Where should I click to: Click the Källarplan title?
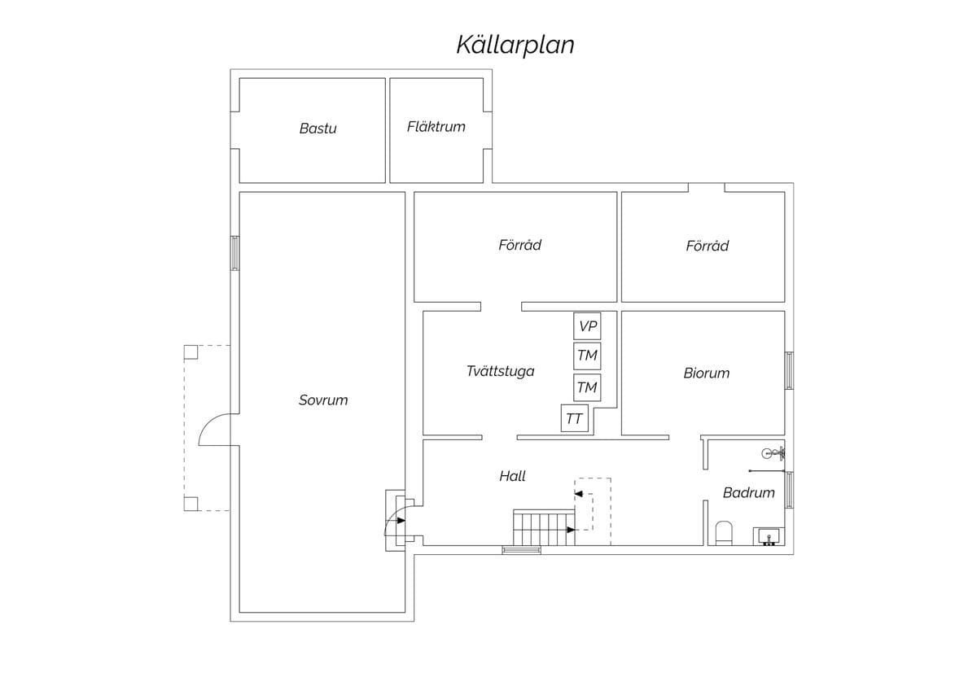click(515, 45)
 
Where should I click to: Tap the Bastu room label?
click(318, 129)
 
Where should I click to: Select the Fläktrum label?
click(436, 127)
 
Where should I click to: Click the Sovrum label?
click(323, 400)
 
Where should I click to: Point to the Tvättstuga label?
click(500, 371)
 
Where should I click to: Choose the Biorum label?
click(707, 373)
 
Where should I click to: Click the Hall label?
click(512, 476)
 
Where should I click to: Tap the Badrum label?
click(749, 492)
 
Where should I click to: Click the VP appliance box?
click(587, 326)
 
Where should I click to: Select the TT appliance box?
click(575, 418)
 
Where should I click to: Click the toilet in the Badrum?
click(724, 533)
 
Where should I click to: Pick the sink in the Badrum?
click(769, 536)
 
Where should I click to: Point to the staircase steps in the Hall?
click(544, 527)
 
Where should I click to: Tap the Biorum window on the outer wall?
click(790, 370)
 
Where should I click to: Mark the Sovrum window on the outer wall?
click(234, 253)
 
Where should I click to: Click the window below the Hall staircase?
click(522, 550)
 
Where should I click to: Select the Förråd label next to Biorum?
click(707, 246)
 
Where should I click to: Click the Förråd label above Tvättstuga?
click(520, 245)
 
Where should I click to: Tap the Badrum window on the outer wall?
click(790, 490)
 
